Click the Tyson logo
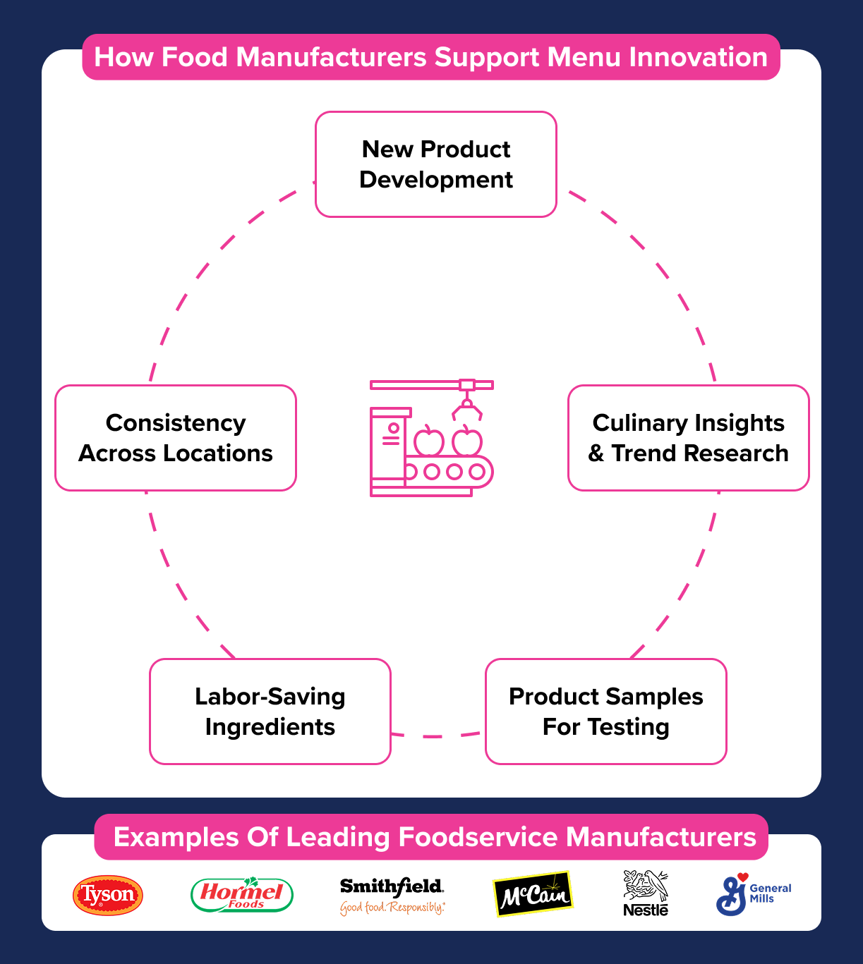tap(108, 896)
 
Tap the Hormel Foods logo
tap(242, 895)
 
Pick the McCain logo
tap(533, 895)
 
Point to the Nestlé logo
tap(646, 893)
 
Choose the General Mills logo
tap(753, 894)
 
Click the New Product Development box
tap(436, 164)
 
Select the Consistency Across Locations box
tap(176, 438)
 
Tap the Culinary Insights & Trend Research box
tap(689, 438)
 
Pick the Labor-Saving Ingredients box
tap(270, 712)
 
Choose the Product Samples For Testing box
tap(606, 712)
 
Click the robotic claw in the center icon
tap(466, 408)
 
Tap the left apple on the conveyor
tap(428, 442)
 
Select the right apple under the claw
tap(467, 442)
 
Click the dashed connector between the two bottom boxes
tap(437, 736)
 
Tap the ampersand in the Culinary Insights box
tap(596, 453)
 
